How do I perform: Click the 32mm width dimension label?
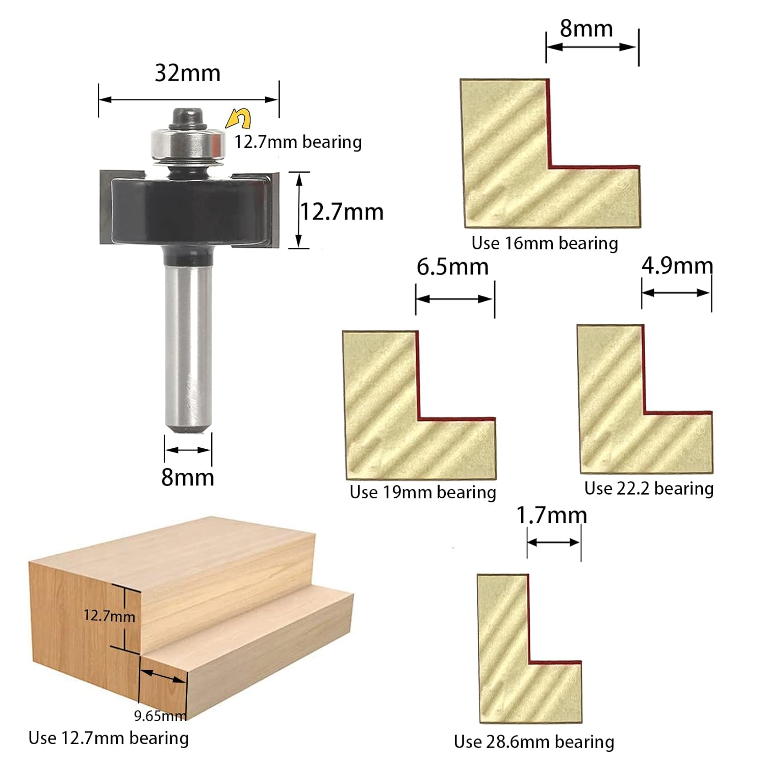click(x=188, y=73)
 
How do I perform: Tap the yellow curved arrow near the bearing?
click(x=239, y=119)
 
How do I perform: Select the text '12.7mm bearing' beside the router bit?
click(x=298, y=142)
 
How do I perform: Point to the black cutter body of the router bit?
click(x=188, y=209)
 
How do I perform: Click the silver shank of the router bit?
click(x=188, y=347)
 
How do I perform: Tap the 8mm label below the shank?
click(x=188, y=477)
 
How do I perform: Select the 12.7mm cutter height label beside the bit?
click(x=342, y=212)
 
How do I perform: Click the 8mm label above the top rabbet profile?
click(x=586, y=29)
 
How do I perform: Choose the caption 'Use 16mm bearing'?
click(x=544, y=243)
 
